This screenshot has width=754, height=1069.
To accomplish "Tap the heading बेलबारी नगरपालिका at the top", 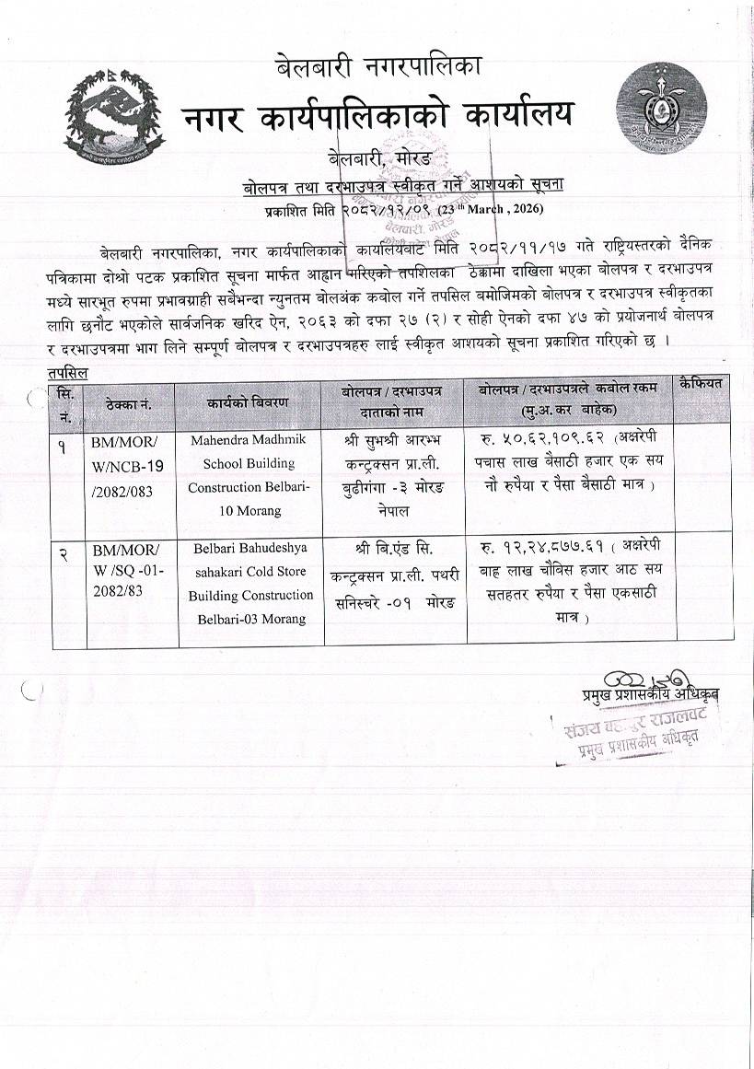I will click(378, 66).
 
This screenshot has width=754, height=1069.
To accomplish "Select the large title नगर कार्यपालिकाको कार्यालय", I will click(377, 115).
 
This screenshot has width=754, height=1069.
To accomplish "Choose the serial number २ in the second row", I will click(63, 552).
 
